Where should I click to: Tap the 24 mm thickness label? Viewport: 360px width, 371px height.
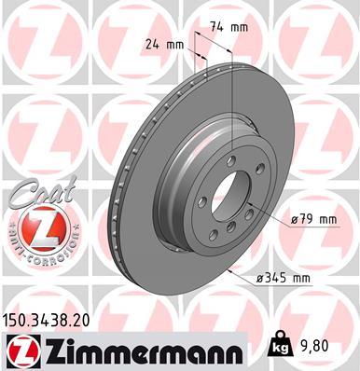click(164, 42)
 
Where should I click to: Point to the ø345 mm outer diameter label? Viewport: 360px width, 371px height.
click(286, 277)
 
